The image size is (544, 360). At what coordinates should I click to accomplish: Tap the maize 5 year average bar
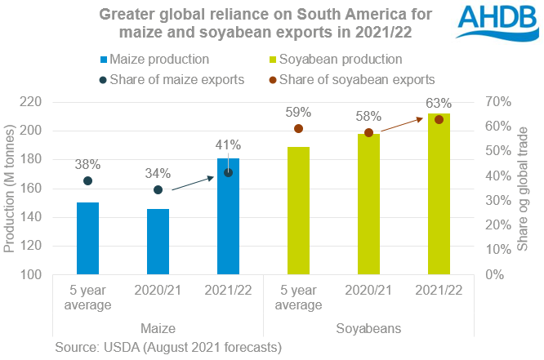click(x=87, y=238)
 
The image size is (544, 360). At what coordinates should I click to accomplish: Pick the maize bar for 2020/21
click(x=158, y=242)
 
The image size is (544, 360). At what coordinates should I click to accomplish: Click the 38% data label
click(x=87, y=160)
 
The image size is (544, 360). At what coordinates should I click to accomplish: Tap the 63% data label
click(x=439, y=103)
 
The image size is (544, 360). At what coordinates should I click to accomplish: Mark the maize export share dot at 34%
click(x=158, y=189)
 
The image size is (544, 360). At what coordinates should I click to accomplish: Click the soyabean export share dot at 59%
click(x=298, y=129)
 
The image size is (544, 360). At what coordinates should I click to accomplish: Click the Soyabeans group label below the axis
click(x=368, y=328)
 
